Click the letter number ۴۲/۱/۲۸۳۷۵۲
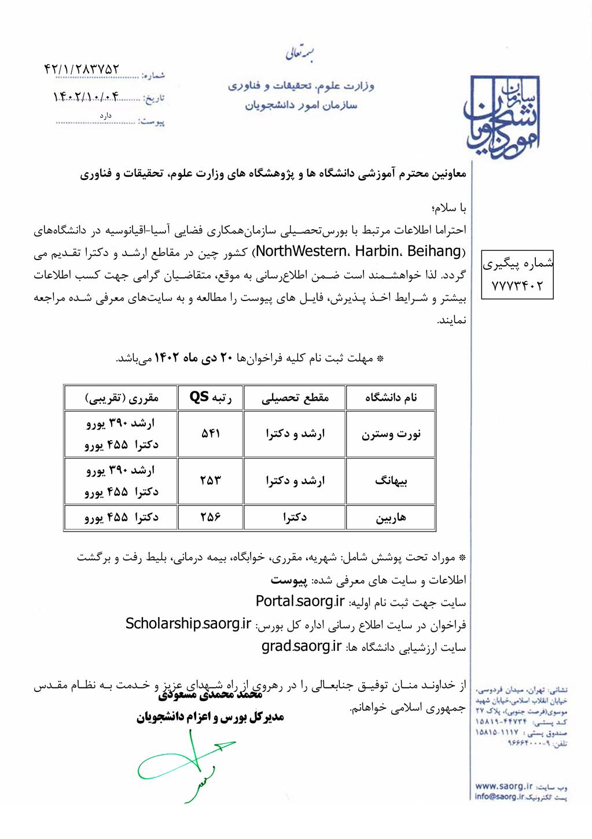tap(82, 69)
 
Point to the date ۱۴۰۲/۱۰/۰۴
tap(86, 97)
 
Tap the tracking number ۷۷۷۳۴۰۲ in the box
tap(517, 285)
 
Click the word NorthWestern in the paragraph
tap(300, 251)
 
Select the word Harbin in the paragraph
tap(377, 251)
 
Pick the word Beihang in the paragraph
tap(434, 251)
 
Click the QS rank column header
tap(211, 397)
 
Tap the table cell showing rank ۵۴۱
tap(211, 434)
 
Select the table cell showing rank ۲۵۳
tap(211, 481)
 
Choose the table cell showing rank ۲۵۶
tap(211, 517)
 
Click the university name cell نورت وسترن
tap(391, 434)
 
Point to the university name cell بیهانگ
tap(391, 481)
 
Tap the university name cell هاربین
tap(391, 517)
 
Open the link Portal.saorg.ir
tap(300, 602)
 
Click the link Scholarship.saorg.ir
tap(189, 624)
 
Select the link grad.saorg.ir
tap(301, 646)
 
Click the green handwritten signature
tap(185, 764)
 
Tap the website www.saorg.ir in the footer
tap(503, 786)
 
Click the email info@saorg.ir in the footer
tap(499, 797)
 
